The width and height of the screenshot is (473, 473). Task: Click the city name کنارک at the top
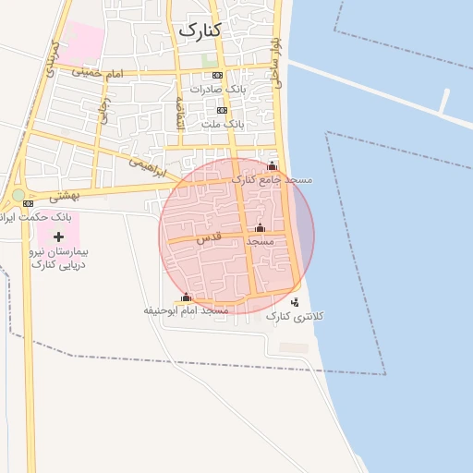tap(199, 30)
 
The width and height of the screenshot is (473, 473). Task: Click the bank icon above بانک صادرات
tap(217, 75)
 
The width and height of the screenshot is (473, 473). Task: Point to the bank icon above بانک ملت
tap(222, 109)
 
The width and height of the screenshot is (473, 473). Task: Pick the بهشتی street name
tap(64, 196)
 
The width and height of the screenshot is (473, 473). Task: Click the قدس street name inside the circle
tap(209, 238)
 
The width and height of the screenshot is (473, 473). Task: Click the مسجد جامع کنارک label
tap(273, 179)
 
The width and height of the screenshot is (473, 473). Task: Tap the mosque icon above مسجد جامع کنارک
tap(272, 166)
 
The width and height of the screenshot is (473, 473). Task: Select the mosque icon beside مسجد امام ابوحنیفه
tap(186, 297)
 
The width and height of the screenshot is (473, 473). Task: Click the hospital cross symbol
tap(59, 237)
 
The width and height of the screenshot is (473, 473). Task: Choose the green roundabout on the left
tap(18, 196)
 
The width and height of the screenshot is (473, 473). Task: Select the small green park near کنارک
tap(210, 60)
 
